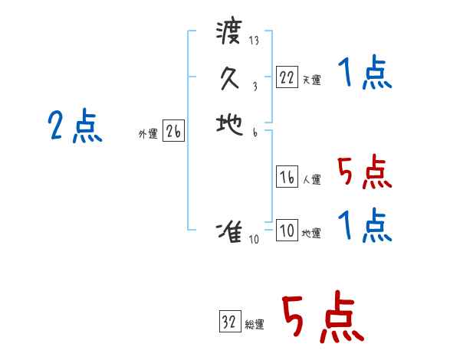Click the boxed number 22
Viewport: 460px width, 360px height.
pos(287,77)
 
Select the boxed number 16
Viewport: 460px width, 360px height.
pos(287,178)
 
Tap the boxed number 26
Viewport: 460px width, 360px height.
pos(173,132)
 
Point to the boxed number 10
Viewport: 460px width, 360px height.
pos(287,231)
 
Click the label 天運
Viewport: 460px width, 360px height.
pos(311,80)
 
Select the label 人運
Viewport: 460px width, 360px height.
pos(311,181)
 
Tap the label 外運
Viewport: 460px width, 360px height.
pos(148,134)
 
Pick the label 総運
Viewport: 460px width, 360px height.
pos(255,325)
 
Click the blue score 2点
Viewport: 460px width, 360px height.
pos(75,126)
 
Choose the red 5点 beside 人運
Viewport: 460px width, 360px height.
pos(364,172)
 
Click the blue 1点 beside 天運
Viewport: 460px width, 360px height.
pos(364,74)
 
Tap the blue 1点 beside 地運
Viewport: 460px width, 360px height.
pos(364,226)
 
